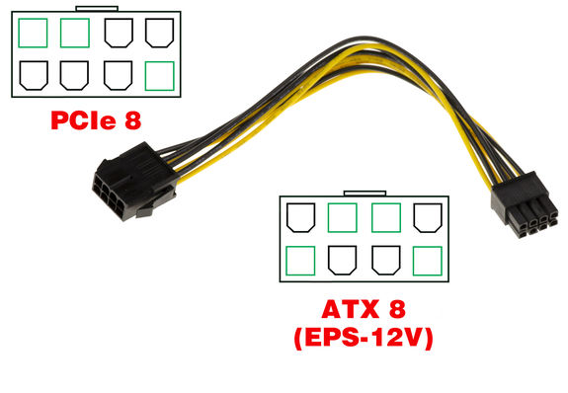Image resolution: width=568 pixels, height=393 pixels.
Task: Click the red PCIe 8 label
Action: point(97,121)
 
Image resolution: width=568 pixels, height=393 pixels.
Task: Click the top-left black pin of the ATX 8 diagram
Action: point(299,217)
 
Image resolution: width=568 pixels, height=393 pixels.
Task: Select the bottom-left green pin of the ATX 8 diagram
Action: point(299,259)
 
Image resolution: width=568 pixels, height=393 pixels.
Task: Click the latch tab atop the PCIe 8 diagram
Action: point(96,10)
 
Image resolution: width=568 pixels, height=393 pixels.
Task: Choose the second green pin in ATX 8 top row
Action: point(383,217)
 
